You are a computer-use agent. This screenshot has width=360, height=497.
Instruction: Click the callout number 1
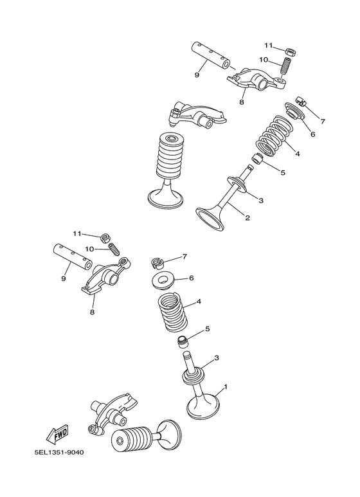coord(225,387)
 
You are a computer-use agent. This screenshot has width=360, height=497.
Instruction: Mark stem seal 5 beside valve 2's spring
coord(256,160)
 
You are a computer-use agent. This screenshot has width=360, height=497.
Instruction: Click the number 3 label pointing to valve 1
coord(217,357)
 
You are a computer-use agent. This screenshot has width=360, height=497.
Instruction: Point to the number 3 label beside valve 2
coord(261,201)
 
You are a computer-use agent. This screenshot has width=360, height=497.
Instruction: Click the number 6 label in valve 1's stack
coord(191,278)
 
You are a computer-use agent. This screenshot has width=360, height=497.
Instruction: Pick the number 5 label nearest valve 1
coord(207,329)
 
